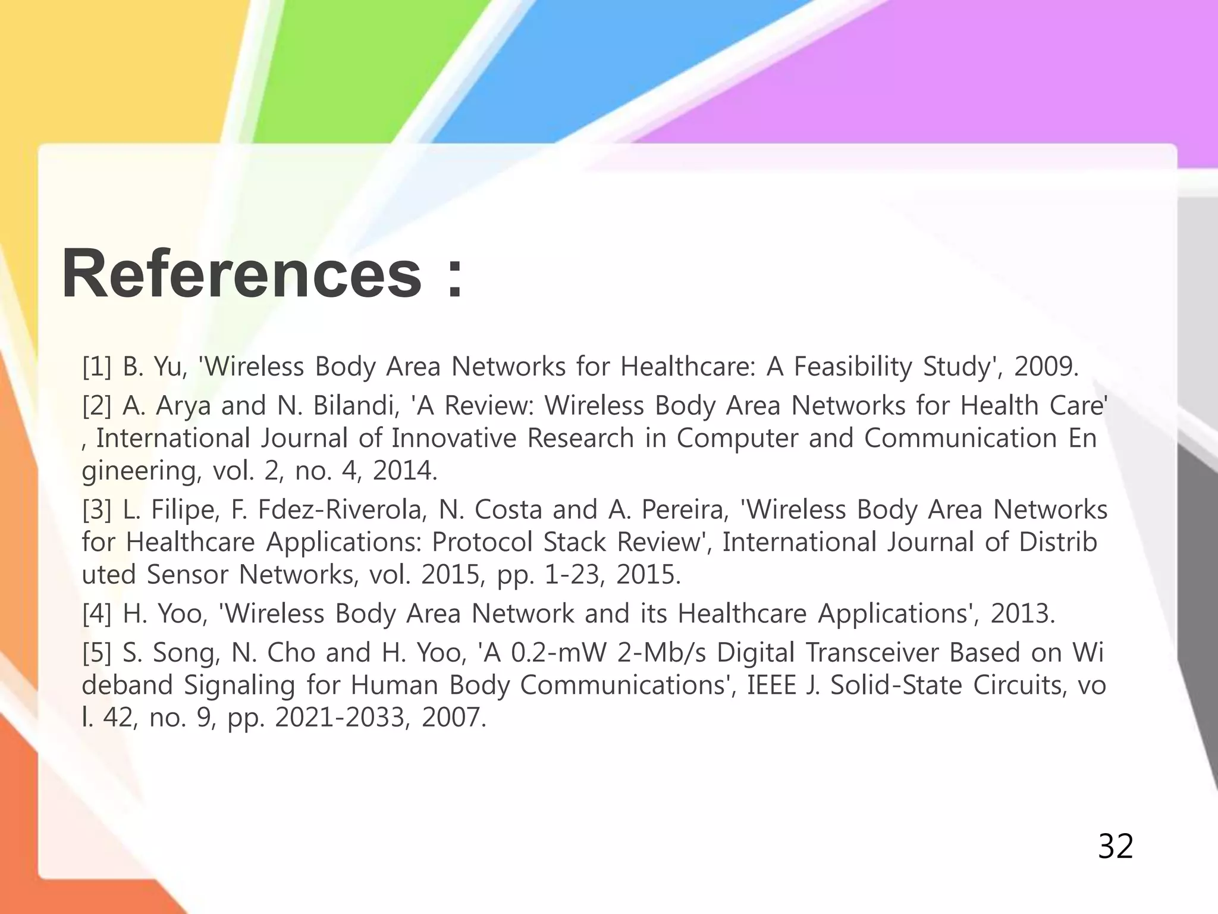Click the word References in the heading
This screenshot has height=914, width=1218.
(x=241, y=274)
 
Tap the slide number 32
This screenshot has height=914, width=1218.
(x=1115, y=846)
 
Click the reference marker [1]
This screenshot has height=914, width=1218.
(x=96, y=367)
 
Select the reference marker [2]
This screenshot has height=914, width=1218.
(x=96, y=406)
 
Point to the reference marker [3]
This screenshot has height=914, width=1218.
(x=96, y=510)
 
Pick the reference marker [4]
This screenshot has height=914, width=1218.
(x=96, y=613)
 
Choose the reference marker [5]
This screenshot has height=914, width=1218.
(x=96, y=653)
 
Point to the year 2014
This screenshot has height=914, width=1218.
(x=404, y=471)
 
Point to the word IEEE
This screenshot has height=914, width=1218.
(x=771, y=685)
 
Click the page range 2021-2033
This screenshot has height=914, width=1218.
(x=342, y=718)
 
